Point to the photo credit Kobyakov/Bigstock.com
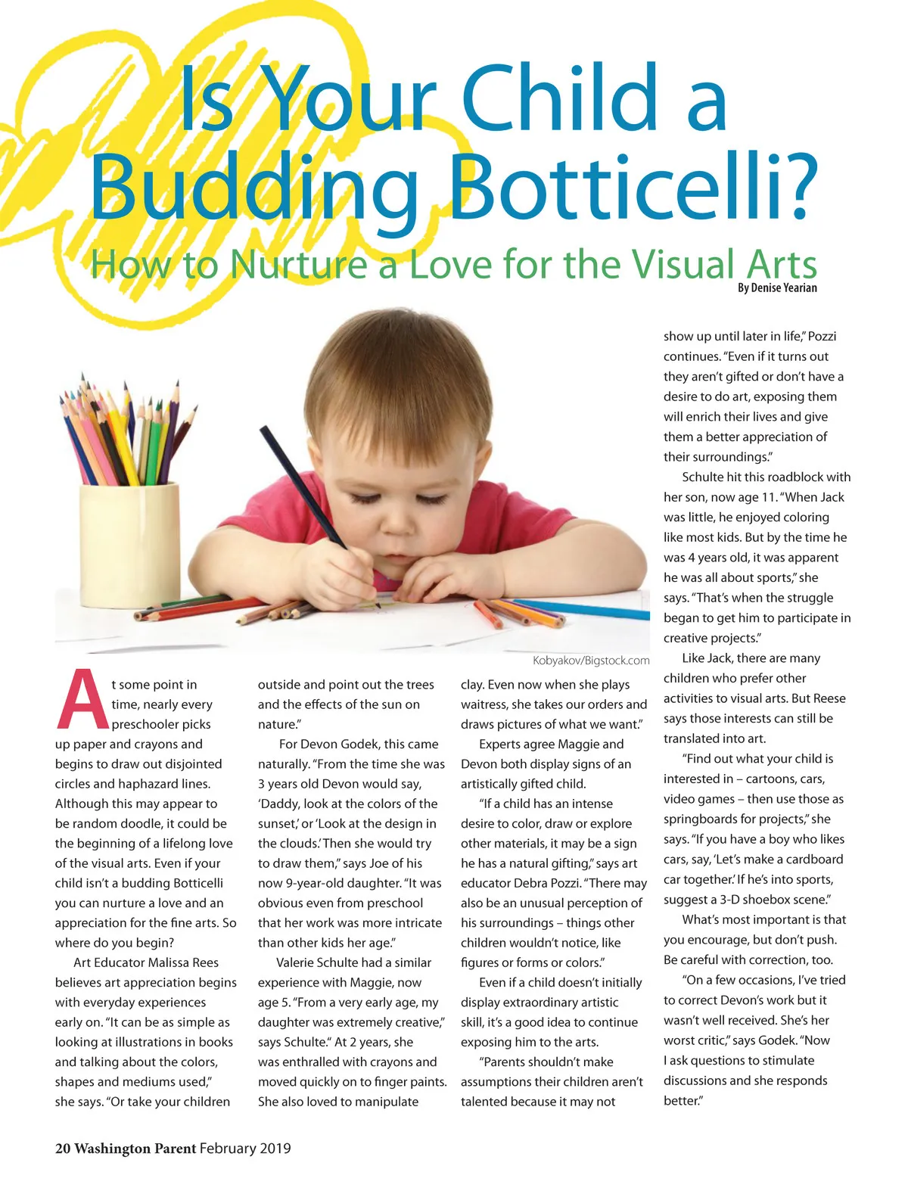point(591,661)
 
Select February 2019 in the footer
point(245,1149)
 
